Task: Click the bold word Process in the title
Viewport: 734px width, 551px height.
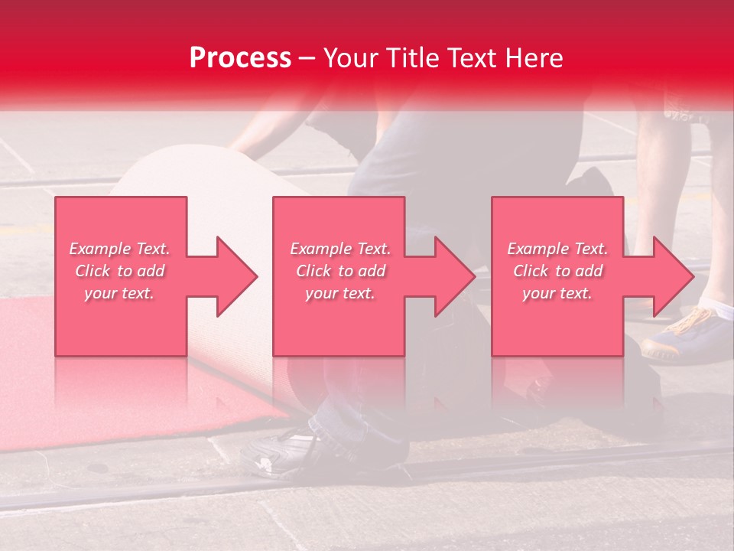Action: [x=240, y=58]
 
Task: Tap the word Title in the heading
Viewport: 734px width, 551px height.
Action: [x=410, y=58]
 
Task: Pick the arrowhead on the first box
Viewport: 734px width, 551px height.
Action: [x=233, y=276]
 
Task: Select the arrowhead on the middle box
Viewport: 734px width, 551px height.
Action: [x=452, y=276]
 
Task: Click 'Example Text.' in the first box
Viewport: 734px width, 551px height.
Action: [x=119, y=249]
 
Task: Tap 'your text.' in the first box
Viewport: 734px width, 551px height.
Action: [x=119, y=293]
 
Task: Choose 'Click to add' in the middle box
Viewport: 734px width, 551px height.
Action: [x=340, y=271]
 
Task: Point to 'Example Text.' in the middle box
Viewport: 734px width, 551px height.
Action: [x=340, y=249]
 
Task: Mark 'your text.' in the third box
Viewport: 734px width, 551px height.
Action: [x=557, y=293]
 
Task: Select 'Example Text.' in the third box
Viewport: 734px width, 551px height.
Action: [x=557, y=249]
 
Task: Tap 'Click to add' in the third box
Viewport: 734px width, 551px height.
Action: [x=557, y=271]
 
